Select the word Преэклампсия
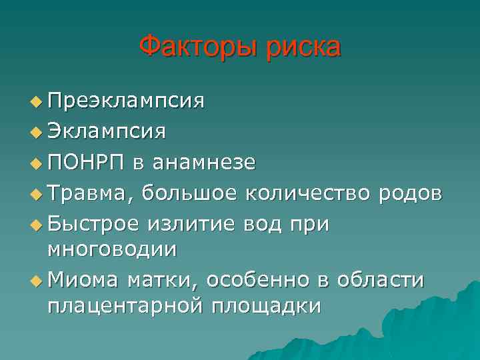[126, 101]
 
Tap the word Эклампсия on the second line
[107, 131]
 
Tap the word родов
[409, 193]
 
